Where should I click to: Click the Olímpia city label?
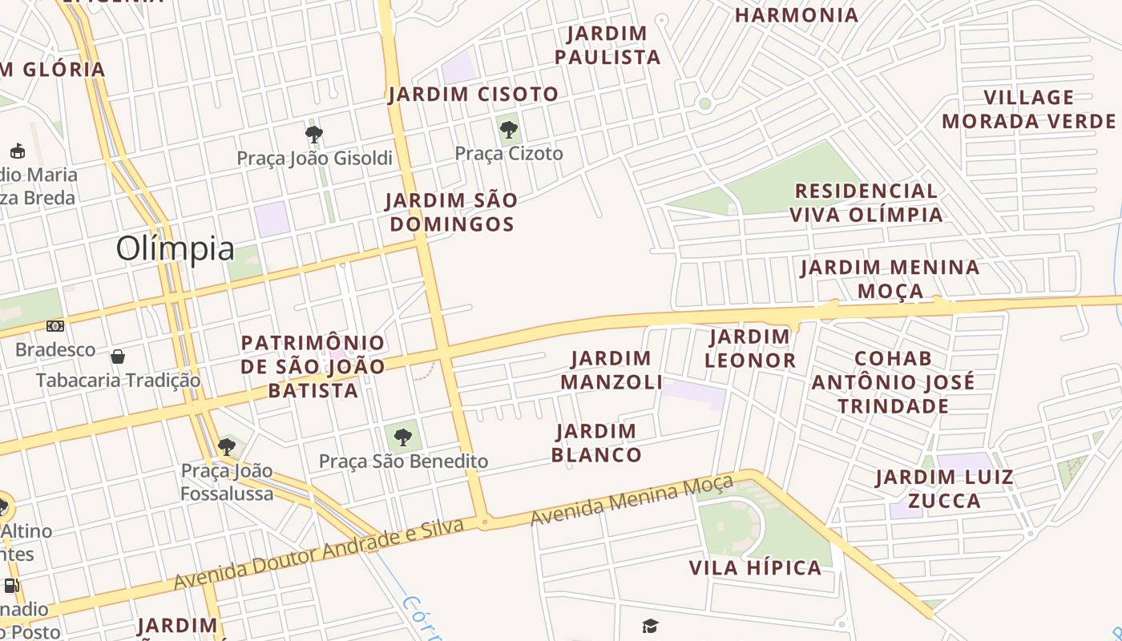click(x=176, y=249)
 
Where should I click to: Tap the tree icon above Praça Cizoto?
click(x=508, y=129)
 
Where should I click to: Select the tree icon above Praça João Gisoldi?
click(x=314, y=134)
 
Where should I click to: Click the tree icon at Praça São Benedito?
click(x=403, y=437)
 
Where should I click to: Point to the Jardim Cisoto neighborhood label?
click(x=473, y=95)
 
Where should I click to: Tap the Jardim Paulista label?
click(x=607, y=46)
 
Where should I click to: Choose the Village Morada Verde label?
click(x=1028, y=110)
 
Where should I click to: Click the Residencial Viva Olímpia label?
click(x=866, y=203)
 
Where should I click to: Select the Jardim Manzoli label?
click(x=611, y=370)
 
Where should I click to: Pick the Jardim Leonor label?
click(x=750, y=349)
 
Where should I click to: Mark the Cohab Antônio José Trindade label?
click(x=893, y=382)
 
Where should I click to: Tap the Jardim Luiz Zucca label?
click(x=944, y=490)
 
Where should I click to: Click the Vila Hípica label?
click(x=755, y=568)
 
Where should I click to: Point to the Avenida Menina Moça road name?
click(x=632, y=500)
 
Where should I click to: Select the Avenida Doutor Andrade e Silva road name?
click(x=319, y=554)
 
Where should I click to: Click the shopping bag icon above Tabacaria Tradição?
click(x=118, y=356)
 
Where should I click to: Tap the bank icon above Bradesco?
click(x=55, y=326)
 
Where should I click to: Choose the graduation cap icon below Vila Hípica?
click(x=650, y=626)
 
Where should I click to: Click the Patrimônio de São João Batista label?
click(x=313, y=367)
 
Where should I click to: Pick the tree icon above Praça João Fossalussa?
click(x=226, y=446)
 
